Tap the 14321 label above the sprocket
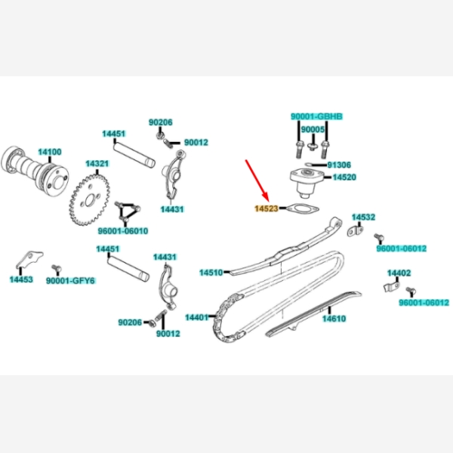click(x=97, y=164)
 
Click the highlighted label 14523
click(x=266, y=208)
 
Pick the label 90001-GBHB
click(x=316, y=117)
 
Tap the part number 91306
click(x=339, y=165)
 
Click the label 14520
click(x=344, y=177)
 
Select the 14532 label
click(x=363, y=217)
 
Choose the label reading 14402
click(x=399, y=273)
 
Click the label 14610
click(x=334, y=319)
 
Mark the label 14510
click(x=211, y=272)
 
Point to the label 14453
click(x=21, y=279)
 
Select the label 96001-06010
click(x=123, y=230)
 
